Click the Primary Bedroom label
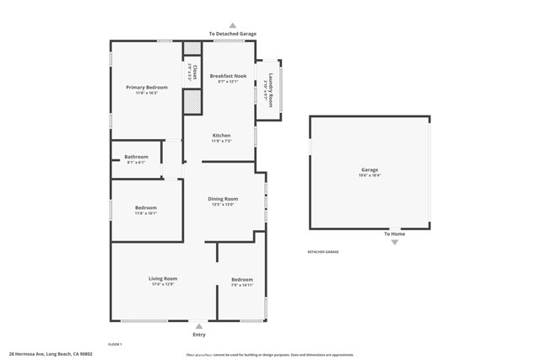(147, 88)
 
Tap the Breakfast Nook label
(228, 76)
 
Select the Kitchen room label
(221, 136)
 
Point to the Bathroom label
(136, 157)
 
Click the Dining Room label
(223, 199)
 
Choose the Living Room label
(163, 278)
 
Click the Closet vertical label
(195, 72)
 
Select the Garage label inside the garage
(370, 169)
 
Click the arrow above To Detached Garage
(233, 26)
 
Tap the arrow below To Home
(394, 243)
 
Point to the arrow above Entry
(198, 325)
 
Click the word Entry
(198, 335)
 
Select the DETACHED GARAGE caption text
(322, 251)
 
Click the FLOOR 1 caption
(115, 344)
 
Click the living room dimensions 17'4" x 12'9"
(163, 285)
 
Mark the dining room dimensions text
(223, 205)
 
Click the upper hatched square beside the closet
(192, 48)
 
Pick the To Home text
(394, 234)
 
